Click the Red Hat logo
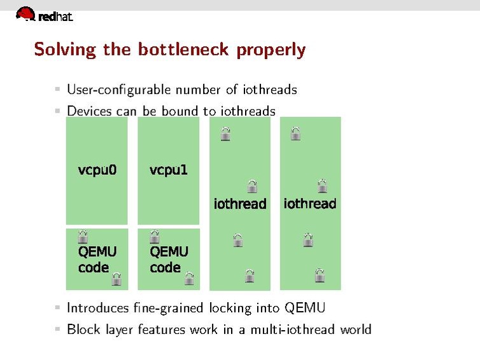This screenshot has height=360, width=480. [x=44, y=14]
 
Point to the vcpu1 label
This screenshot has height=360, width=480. [x=169, y=170]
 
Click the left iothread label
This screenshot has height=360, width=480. [x=239, y=204]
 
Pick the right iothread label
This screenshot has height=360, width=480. [x=310, y=204]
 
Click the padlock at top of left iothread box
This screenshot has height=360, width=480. [x=225, y=134]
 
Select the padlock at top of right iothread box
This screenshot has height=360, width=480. [x=295, y=134]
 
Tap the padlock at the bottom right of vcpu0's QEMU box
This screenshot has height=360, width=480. [x=116, y=279]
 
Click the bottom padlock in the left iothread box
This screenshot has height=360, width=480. [x=250, y=275]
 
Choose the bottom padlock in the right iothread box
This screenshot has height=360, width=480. [x=320, y=275]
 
